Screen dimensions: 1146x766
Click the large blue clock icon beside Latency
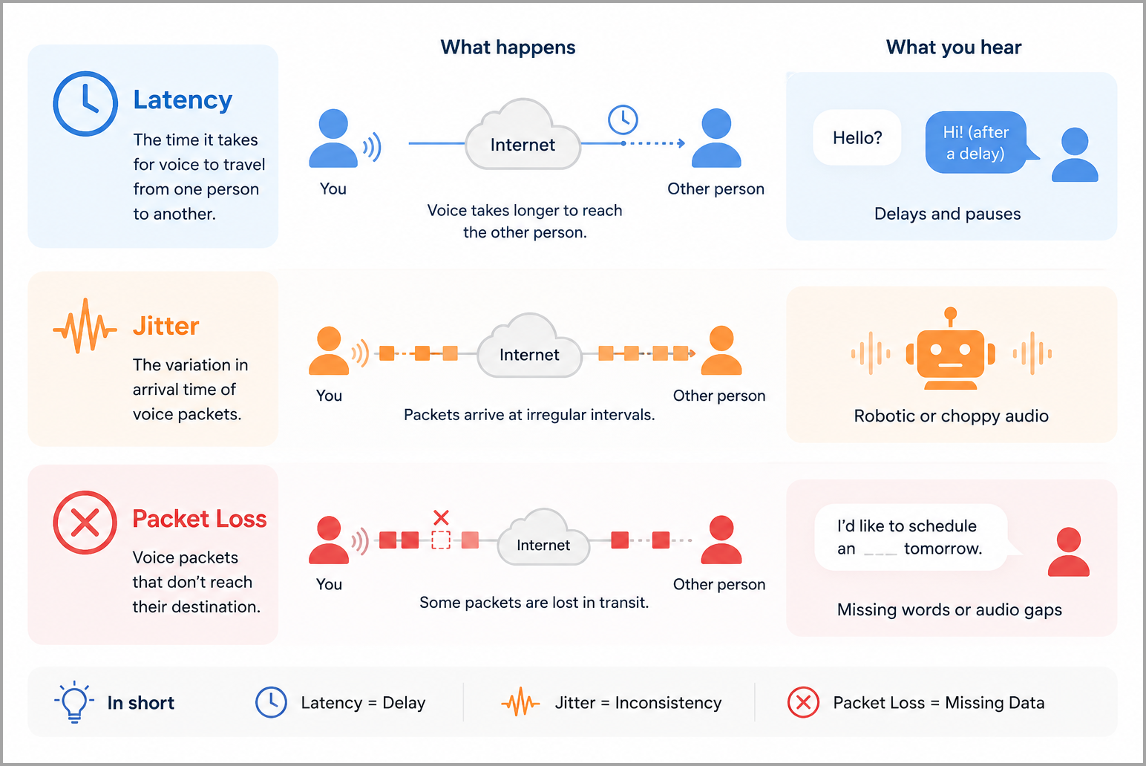(85, 104)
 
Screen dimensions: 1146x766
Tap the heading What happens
(508, 47)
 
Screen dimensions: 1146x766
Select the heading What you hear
(954, 47)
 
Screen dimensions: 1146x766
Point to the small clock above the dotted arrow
(623, 120)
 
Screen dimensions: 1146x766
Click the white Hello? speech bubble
(857, 137)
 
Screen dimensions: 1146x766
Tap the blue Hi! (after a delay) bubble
(978, 143)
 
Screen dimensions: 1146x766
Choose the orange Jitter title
(166, 326)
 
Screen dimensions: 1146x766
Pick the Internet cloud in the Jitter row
(529, 346)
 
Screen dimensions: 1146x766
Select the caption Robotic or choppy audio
(951, 416)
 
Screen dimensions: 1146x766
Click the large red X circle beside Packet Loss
(85, 523)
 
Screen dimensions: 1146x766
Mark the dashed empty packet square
(441, 540)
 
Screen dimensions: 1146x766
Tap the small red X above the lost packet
(441, 517)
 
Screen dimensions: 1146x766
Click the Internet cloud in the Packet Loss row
(543, 537)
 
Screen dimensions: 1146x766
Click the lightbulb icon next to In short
(74, 701)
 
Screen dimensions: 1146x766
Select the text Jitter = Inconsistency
(638, 703)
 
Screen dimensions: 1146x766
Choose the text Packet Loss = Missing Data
(938, 703)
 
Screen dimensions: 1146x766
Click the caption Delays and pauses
(947, 214)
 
